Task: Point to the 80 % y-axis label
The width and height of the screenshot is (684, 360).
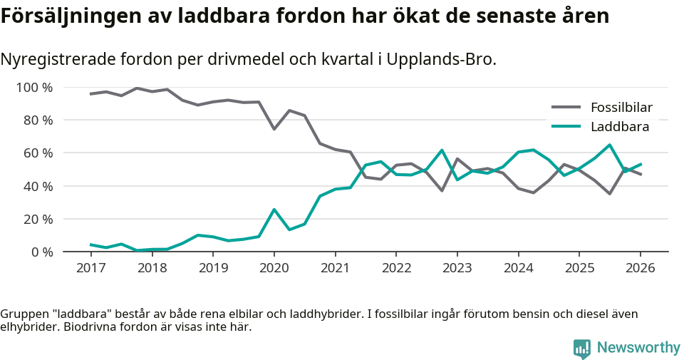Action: click(x=38, y=120)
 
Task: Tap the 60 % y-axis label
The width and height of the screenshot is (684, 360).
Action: click(x=38, y=153)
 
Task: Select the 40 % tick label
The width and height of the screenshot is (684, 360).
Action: click(x=38, y=186)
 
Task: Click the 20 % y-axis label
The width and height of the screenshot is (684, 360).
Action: click(x=38, y=219)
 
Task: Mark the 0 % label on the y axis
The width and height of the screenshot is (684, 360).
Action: click(x=42, y=252)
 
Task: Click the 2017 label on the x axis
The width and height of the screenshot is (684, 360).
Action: click(x=91, y=268)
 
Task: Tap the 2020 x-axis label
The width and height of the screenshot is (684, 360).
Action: click(x=274, y=268)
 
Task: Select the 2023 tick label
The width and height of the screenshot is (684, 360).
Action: click(x=457, y=268)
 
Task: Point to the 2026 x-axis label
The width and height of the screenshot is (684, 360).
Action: click(x=640, y=268)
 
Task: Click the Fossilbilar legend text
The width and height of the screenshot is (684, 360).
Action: click(x=621, y=108)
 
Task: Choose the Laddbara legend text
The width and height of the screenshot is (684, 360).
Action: click(x=619, y=127)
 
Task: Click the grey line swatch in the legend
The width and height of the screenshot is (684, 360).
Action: click(x=566, y=108)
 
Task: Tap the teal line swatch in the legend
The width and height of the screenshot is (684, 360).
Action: click(x=566, y=127)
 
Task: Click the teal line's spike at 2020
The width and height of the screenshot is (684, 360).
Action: click(x=274, y=210)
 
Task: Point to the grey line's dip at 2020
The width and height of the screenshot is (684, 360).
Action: click(x=274, y=129)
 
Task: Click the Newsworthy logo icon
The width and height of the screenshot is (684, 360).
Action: click(x=582, y=349)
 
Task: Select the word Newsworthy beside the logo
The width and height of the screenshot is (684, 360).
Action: click(x=638, y=348)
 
